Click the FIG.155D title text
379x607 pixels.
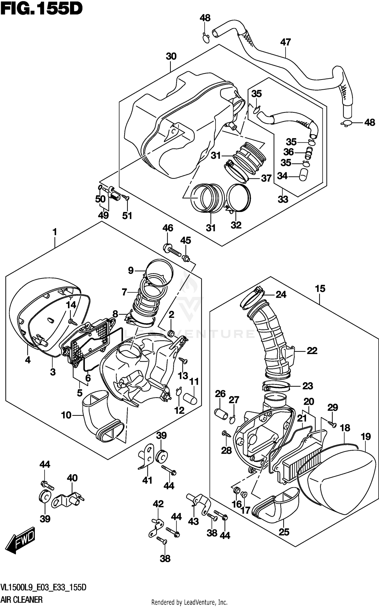tap(41, 9)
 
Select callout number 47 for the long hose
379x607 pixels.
tap(286, 42)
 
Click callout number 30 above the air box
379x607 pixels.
tap(171, 56)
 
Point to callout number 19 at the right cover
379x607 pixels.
tap(366, 437)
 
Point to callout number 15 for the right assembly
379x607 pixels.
tap(320, 289)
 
